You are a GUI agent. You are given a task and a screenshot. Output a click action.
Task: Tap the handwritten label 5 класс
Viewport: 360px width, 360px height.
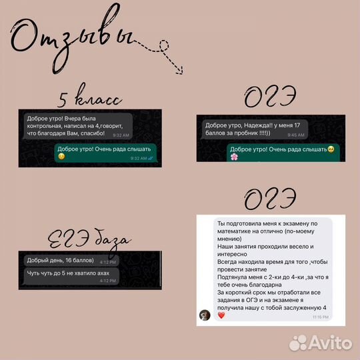point(89,101)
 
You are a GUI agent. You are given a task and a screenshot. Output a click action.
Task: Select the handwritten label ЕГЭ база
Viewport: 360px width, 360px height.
point(89,240)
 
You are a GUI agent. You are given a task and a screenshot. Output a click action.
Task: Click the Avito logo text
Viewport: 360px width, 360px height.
point(321,343)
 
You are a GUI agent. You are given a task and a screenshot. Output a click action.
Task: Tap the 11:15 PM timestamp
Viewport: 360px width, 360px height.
point(320,317)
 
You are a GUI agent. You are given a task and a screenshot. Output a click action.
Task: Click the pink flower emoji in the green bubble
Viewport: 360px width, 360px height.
point(234,157)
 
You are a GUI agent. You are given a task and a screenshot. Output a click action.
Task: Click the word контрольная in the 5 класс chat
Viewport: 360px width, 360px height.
point(46,125)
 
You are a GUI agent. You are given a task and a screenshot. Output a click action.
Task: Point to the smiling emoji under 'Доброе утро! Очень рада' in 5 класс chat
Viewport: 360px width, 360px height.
point(62,157)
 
